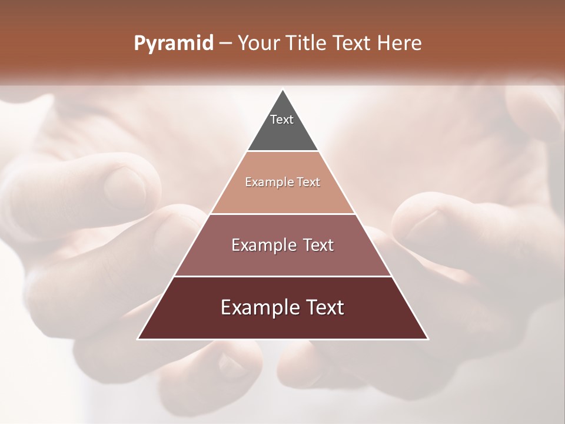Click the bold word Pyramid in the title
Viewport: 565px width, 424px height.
[x=173, y=44]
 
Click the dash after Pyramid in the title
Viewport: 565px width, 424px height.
[x=225, y=44]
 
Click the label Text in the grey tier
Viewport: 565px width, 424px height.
[x=282, y=120]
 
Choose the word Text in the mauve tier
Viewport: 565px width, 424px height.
[x=314, y=245]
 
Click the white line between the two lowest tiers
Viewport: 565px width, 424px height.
[x=282, y=276]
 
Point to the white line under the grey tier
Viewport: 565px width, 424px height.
[x=282, y=151]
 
